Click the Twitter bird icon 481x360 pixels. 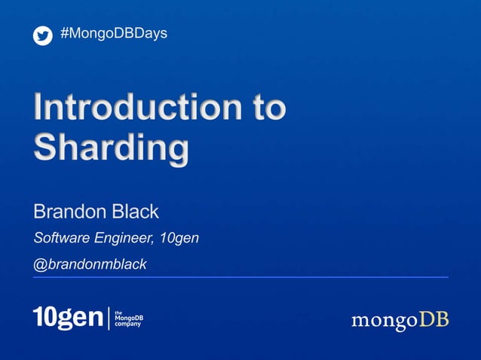pos(43,35)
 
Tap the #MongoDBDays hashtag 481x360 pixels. pos(113,34)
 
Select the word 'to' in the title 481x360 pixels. pos(267,108)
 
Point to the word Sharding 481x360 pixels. pos(110,148)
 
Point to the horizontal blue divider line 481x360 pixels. pos(240,277)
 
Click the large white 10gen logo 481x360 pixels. pos(68,318)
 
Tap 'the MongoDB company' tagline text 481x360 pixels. pos(128,319)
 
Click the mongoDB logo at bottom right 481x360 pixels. pos(400,320)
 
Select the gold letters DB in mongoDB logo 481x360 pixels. pos(434,319)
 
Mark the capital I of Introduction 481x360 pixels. pos(38,108)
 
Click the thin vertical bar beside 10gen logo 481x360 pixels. pos(109,319)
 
